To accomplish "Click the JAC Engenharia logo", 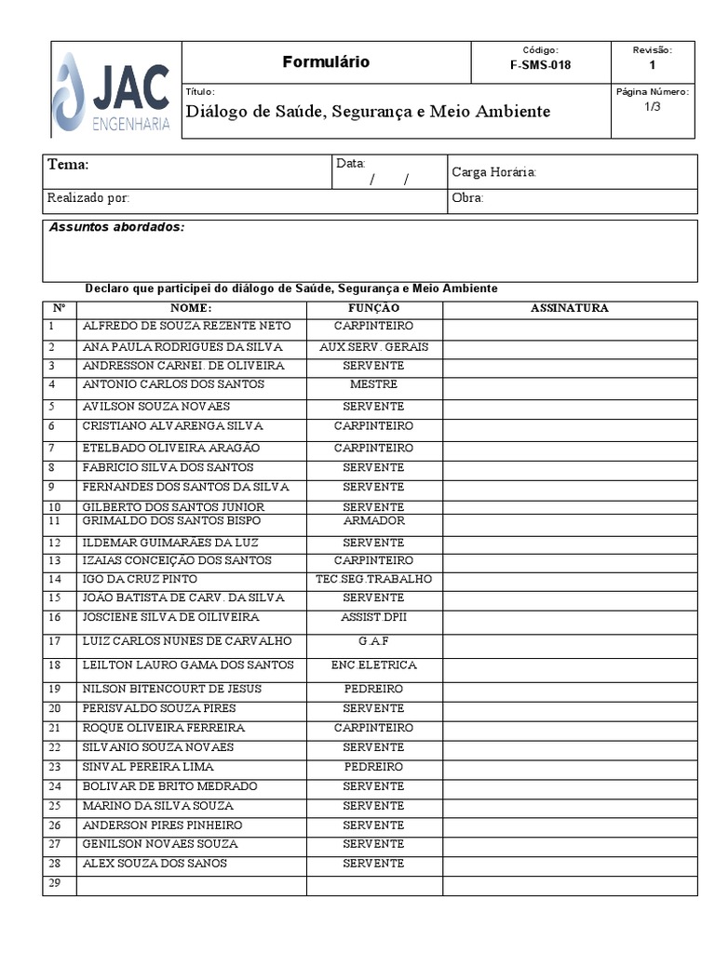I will pos(113,91).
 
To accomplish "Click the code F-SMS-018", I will pos(541,65).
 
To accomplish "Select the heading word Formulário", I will pos(326,62).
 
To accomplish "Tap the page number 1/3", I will pos(652,107).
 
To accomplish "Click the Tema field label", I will pos(68,165).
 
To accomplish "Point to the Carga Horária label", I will pos(493,172).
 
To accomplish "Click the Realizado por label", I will pos(88,198).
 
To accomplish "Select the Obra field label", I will pos(467,198).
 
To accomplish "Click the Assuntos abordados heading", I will pos(116,227).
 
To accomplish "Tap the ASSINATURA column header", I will pos(569,308).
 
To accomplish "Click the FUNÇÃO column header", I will pos(373,308).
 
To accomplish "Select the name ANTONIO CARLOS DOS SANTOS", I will pos(173,384).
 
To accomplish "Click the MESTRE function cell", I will pos(373,384).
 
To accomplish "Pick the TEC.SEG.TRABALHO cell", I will pos(373,579).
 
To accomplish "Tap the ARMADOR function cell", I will pos(373,521).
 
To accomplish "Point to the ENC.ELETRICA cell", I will pos(373,665).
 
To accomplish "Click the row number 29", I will pos(54,883).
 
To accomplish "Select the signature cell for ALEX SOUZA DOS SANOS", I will pos(569,865).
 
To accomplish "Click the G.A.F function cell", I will pos(373,641).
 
